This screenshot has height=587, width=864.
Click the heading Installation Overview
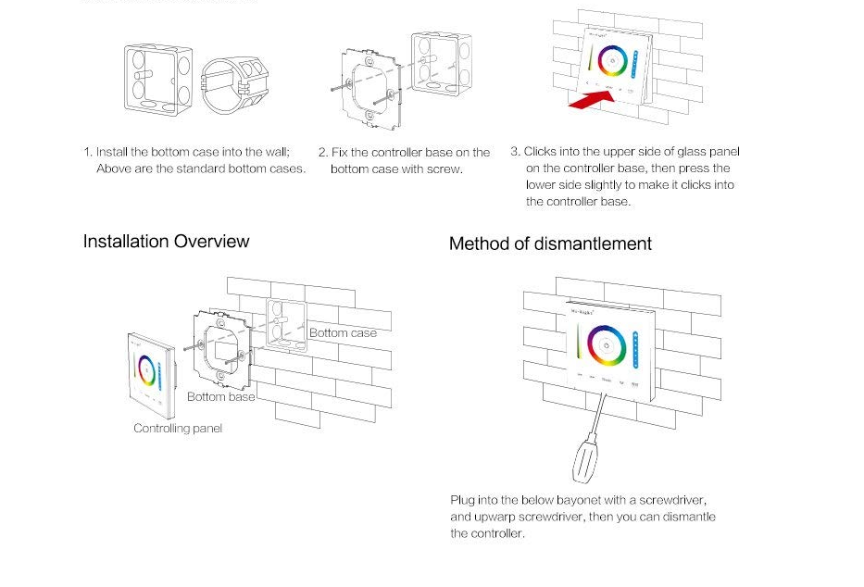point(166,242)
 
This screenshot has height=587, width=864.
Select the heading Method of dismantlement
point(550,244)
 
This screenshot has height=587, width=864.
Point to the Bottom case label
point(343,333)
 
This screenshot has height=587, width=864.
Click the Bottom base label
point(220,397)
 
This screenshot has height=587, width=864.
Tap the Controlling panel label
point(178,429)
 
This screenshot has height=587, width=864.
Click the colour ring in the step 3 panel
point(612,60)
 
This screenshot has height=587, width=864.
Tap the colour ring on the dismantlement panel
point(607,344)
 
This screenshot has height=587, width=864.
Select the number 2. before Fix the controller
point(323,153)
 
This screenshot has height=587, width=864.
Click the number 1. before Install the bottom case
point(88,153)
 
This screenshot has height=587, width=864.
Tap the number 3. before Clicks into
point(515,152)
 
